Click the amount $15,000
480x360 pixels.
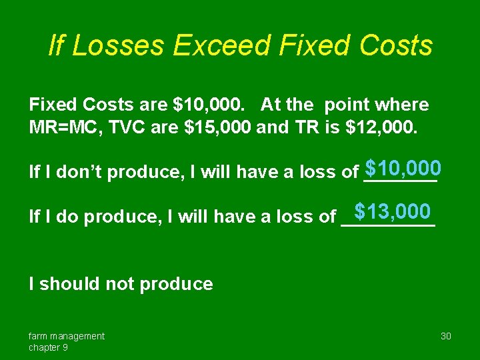tap(217, 127)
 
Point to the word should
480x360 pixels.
tap(67, 284)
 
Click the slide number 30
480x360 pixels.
tap(446, 336)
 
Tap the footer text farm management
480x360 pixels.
tap(66, 336)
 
